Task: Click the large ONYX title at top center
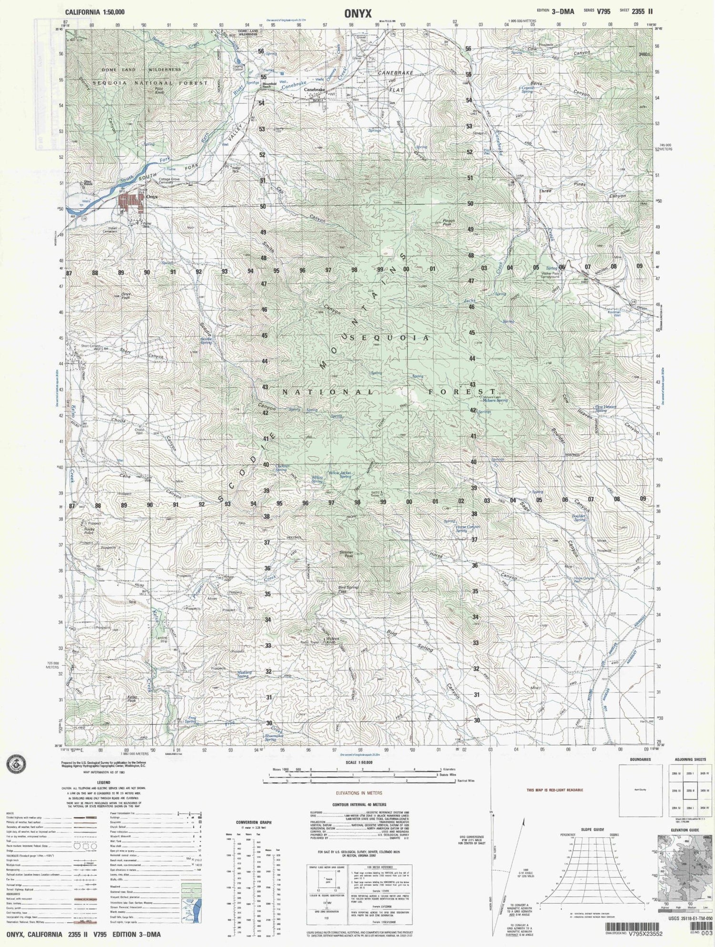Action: (x=357, y=14)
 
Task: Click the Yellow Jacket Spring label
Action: (x=340, y=475)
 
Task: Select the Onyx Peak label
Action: (x=126, y=295)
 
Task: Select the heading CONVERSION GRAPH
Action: (x=254, y=822)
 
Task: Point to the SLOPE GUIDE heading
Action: (x=592, y=830)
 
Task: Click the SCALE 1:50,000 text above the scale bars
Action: (x=360, y=763)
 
